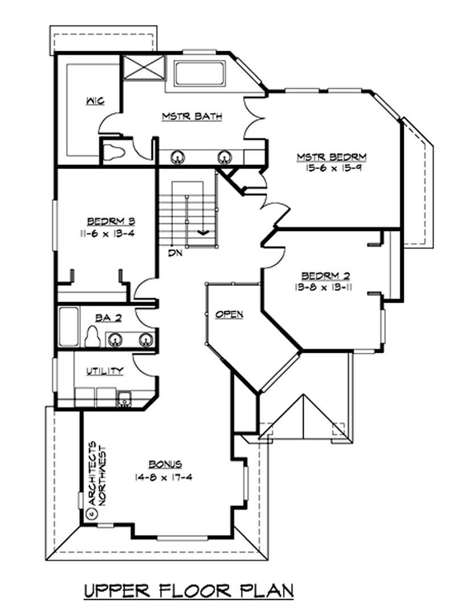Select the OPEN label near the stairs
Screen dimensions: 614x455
pos(229,314)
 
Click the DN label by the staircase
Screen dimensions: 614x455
pos(175,253)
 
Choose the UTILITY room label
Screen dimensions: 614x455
pos(105,371)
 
